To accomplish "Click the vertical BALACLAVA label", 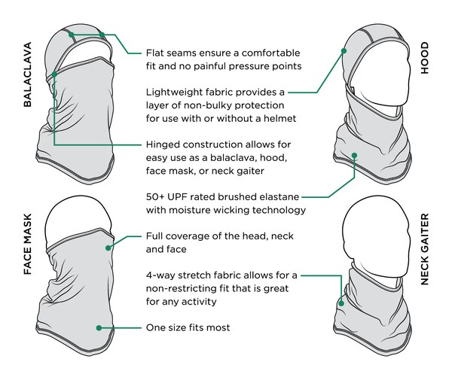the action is [27, 74].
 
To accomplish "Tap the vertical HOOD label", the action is [425, 58].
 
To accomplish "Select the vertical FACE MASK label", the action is [27, 244].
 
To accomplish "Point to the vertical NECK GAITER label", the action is [425, 249].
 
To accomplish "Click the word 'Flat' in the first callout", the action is [154, 53].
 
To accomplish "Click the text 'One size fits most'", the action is [188, 327].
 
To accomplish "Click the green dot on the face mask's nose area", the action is [108, 248].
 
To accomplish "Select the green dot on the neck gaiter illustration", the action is [341, 303].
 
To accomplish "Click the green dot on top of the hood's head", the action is [344, 51].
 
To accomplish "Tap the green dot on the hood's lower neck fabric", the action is [355, 156].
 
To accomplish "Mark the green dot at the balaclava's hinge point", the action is [54, 74].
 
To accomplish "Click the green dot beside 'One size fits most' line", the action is [99, 328].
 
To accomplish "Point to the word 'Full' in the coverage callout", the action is [154, 236].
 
